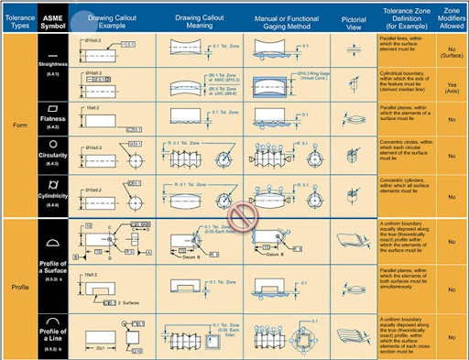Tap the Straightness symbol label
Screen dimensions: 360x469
point(51,66)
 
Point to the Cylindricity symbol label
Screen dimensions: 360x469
point(51,194)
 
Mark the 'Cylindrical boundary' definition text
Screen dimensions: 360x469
point(404,88)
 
